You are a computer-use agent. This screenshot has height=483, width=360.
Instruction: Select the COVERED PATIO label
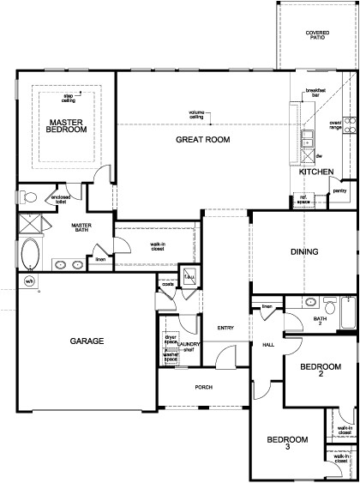tap(317, 35)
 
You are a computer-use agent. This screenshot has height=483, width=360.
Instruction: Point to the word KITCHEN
tap(315, 172)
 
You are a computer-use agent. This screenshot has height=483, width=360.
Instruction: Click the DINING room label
tap(304, 252)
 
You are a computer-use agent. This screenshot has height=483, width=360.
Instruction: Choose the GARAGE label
tap(87, 341)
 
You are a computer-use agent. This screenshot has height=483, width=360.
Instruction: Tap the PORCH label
tap(203, 387)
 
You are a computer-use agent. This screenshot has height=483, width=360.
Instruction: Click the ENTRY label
tap(225, 327)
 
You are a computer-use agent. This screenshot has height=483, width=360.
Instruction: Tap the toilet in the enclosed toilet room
tap(29, 197)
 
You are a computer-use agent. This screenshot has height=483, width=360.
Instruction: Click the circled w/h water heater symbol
tap(28, 281)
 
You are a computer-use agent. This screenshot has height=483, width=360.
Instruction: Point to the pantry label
tap(339, 190)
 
